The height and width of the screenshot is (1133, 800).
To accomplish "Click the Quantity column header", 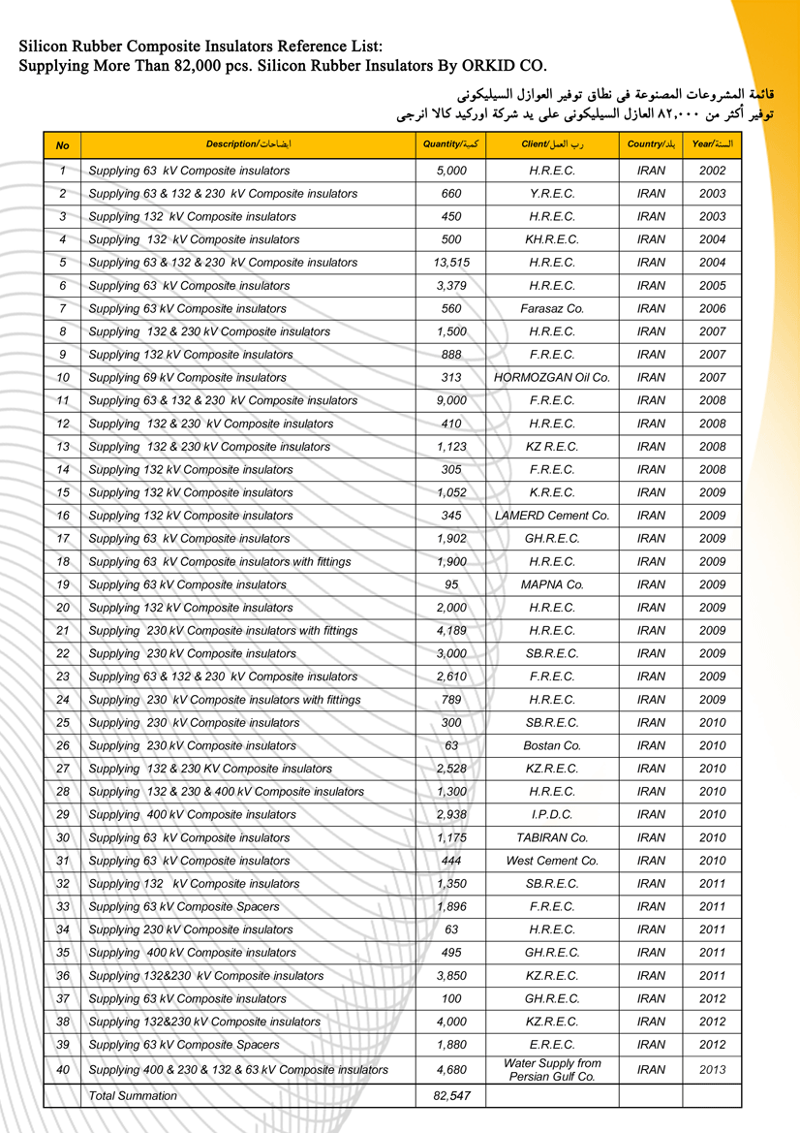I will [451, 144].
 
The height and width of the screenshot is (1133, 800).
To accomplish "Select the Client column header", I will [552, 144].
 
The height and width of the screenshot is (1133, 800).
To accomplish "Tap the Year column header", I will [712, 144].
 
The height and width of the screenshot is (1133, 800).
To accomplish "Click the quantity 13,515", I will [451, 263].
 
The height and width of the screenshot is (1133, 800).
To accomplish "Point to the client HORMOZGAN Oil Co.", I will [552, 377].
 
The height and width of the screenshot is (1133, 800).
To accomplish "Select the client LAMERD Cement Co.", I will [552, 516].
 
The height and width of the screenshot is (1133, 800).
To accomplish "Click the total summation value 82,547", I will [451, 1096].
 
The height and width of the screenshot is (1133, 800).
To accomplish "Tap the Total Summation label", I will [133, 1096].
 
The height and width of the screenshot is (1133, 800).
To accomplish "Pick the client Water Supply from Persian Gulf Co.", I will [552, 1070].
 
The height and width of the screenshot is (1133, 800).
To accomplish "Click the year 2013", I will [712, 1070].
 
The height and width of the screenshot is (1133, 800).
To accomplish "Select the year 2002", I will [712, 171].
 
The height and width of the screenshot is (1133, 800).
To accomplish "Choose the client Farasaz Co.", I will [552, 308].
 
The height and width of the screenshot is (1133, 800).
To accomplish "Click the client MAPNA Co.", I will [552, 584].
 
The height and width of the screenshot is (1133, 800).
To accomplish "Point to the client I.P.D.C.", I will [552, 814].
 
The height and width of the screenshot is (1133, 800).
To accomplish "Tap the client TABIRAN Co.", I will [552, 837].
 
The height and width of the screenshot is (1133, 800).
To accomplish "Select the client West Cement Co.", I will [552, 861].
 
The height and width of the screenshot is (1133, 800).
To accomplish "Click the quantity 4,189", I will [451, 631].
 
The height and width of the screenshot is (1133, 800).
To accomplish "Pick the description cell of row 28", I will [227, 792].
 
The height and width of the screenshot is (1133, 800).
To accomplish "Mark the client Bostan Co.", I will [552, 745].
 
